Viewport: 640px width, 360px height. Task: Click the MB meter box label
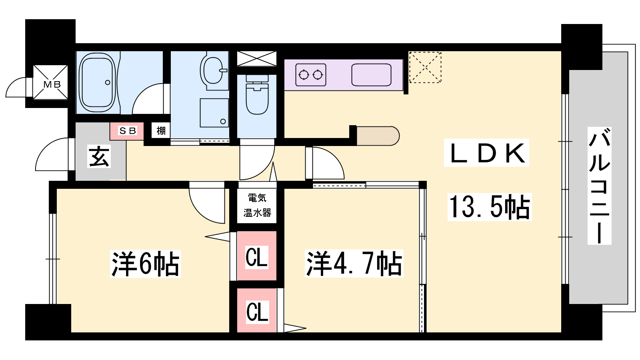pos(52,84)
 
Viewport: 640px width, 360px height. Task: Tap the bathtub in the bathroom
pos(98,82)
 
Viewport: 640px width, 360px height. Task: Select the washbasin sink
pos(213,70)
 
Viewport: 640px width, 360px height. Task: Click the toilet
pos(257,94)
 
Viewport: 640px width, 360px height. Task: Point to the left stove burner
pos(304,75)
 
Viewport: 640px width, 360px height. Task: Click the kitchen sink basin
pos(372,74)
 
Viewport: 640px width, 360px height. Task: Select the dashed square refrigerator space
pos(425,68)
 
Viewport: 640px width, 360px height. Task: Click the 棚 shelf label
pos(161,130)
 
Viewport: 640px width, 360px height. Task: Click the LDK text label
pos(486,153)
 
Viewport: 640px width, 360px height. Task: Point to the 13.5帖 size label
pos(490,207)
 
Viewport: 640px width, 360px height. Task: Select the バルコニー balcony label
pos(599,186)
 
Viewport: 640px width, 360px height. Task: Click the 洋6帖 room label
pos(145,264)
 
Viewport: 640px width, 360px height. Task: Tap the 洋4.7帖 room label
pos(354,264)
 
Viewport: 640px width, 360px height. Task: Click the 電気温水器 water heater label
pos(257,205)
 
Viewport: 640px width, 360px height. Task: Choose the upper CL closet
pos(256,256)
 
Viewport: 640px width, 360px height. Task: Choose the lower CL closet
pos(257,310)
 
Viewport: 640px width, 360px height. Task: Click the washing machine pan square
pos(214,113)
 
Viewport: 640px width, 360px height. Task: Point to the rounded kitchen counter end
pos(378,136)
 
